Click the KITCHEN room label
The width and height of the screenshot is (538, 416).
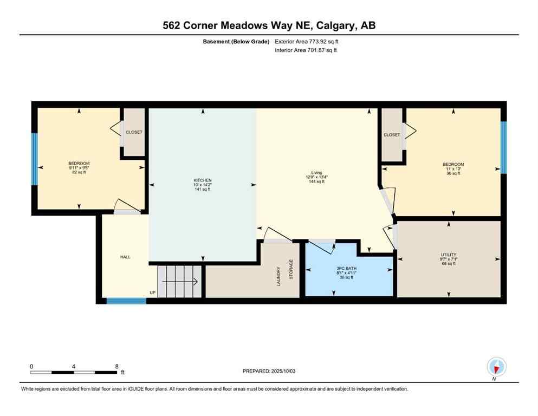[203, 180]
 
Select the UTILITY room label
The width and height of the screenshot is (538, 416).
[449, 255]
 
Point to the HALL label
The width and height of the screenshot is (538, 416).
[126, 257]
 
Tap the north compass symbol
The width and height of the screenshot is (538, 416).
[496, 367]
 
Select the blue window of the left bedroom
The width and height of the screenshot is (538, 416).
[35, 158]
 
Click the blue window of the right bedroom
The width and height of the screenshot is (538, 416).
[503, 147]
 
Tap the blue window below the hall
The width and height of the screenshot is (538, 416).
[126, 301]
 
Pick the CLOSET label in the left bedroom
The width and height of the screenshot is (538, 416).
[134, 132]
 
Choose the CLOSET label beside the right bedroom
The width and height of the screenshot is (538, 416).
[392, 135]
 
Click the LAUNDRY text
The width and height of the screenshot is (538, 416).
[279, 276]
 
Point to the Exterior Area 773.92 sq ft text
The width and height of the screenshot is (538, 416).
[308, 41]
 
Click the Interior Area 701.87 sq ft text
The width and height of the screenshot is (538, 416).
[307, 50]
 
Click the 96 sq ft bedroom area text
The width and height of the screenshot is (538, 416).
[453, 173]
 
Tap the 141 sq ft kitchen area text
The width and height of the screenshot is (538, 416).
[203, 189]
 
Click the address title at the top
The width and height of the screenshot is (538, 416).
[269, 25]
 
